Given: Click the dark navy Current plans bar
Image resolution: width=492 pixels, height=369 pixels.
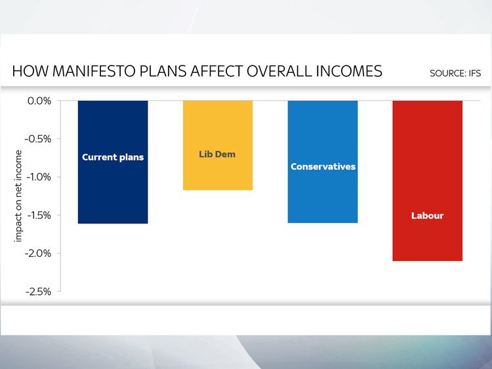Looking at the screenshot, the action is click(x=113, y=162).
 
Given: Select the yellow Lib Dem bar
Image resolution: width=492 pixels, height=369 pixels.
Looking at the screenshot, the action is click(x=218, y=145).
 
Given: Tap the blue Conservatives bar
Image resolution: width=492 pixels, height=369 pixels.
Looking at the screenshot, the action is click(x=323, y=162).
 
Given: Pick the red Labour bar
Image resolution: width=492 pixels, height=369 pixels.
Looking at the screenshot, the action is click(x=427, y=181).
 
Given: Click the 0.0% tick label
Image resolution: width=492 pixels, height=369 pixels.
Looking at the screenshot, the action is click(x=39, y=101).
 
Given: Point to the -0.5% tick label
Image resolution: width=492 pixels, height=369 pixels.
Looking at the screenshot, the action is click(x=38, y=139).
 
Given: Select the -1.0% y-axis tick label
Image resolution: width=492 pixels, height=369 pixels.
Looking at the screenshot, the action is click(x=38, y=177).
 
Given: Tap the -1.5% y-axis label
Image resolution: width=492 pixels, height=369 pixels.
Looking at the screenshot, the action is click(x=39, y=216).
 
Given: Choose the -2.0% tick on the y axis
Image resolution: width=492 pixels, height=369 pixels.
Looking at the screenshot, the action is click(x=38, y=253).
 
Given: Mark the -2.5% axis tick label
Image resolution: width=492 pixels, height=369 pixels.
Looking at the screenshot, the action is click(x=38, y=292).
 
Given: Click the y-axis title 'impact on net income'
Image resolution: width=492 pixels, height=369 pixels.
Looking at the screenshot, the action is click(x=18, y=196).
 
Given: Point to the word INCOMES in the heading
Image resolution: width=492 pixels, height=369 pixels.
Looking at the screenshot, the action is click(x=349, y=71).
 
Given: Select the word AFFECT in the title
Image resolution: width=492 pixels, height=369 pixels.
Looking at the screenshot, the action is click(x=216, y=71).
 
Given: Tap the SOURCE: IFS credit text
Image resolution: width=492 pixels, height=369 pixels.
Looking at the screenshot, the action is click(x=455, y=73).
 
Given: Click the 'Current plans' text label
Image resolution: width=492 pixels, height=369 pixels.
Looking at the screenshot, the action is click(x=113, y=157).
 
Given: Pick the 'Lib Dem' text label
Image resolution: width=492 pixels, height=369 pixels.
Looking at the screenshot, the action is click(x=217, y=154).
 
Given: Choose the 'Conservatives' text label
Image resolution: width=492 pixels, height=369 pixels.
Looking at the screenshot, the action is click(x=323, y=166).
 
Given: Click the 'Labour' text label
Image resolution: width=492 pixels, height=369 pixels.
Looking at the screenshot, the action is click(x=427, y=216).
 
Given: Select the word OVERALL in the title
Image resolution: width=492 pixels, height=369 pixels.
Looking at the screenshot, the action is click(x=279, y=71).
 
